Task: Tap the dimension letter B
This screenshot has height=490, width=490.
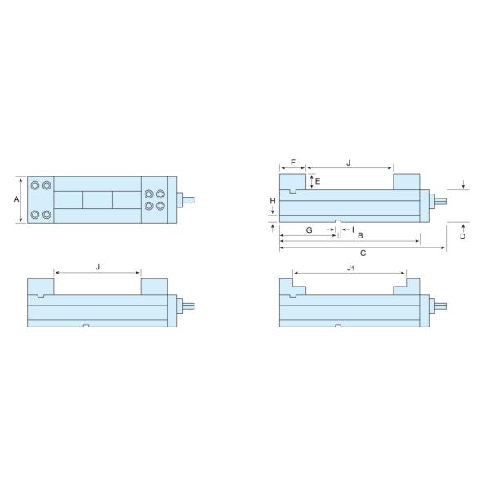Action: [x=360, y=235]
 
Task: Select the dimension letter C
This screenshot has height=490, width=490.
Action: [x=363, y=253]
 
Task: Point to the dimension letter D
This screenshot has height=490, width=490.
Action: [x=462, y=236]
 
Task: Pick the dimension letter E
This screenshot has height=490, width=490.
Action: [x=318, y=180]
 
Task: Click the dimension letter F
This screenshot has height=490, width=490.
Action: [x=292, y=163]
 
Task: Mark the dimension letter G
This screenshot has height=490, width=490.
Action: [x=309, y=230]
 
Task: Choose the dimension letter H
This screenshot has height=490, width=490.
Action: [x=272, y=201]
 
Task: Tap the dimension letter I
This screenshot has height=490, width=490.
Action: [x=352, y=229]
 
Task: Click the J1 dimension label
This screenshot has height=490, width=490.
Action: [x=350, y=267]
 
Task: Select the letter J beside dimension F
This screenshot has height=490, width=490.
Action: [x=349, y=163]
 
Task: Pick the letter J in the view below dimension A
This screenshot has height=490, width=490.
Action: [x=97, y=267]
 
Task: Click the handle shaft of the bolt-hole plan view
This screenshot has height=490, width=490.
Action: [x=187, y=199]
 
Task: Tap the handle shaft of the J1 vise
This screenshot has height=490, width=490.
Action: [x=439, y=306]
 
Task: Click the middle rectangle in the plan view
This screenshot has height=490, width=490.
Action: [x=97, y=199]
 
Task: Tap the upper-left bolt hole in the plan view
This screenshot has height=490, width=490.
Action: [x=35, y=186]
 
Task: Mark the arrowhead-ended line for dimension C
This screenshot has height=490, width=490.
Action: [x=363, y=247]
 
